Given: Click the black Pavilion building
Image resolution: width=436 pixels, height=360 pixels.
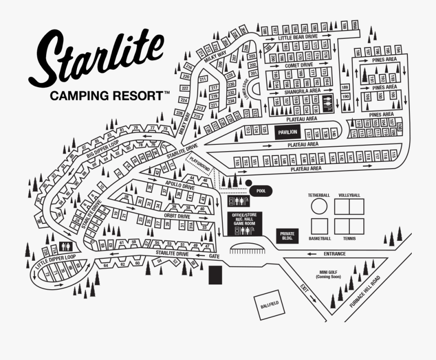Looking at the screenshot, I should [x=287, y=132].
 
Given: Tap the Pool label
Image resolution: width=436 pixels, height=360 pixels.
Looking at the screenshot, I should [x=261, y=191].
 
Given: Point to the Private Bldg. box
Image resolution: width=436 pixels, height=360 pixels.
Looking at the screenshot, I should [x=287, y=235].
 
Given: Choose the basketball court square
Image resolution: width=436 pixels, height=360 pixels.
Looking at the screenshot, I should [x=319, y=226].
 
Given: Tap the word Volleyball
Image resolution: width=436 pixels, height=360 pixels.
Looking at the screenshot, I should [x=349, y=195].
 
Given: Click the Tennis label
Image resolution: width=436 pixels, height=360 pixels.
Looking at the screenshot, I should [x=349, y=238].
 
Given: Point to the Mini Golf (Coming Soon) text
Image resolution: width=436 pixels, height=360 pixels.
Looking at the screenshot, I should [x=328, y=274].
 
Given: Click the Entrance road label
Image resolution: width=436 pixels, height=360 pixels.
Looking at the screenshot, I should [x=335, y=253].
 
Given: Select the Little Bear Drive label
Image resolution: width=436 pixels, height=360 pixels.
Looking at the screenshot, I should [x=298, y=36].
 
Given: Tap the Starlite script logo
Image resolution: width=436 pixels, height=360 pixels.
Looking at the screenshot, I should [x=99, y=58].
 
